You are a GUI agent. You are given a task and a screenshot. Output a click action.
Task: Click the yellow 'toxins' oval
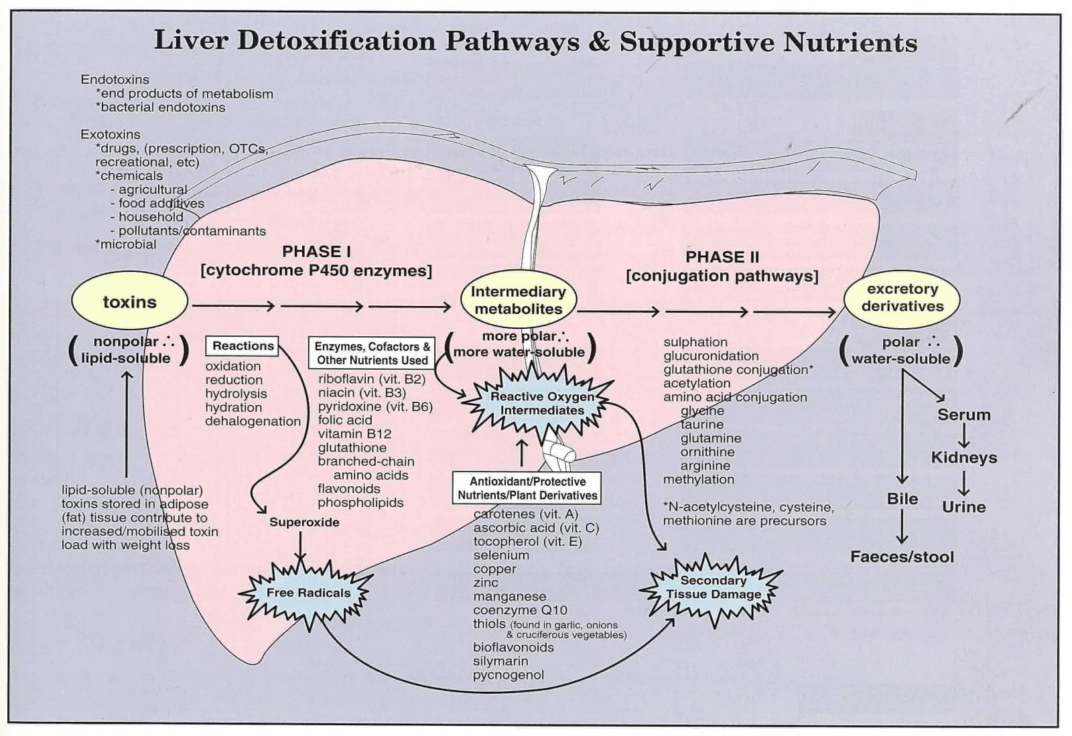(129, 302)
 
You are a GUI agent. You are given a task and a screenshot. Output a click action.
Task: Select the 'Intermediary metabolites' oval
(518, 300)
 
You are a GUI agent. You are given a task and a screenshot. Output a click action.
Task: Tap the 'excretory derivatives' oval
(902, 298)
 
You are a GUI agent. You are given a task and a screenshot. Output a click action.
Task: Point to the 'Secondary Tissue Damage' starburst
(713, 587)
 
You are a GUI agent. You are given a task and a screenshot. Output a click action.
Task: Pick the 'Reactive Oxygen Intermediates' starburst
(542, 403)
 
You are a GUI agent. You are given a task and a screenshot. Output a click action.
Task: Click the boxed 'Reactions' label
(243, 346)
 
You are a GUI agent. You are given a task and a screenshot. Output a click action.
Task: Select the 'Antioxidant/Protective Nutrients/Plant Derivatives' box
(527, 488)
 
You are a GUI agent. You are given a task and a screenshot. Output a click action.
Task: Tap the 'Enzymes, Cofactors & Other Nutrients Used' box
(373, 353)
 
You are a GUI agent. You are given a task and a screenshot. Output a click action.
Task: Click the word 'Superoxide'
(304, 522)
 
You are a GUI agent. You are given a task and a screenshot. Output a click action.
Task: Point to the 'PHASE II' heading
(722, 257)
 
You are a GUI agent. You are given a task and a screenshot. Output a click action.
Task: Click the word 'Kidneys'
(963, 457)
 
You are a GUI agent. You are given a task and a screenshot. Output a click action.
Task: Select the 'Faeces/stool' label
(902, 557)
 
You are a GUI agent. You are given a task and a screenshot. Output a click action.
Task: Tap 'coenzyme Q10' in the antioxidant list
(520, 610)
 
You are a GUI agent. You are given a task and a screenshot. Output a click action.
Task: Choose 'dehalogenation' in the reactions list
(253, 421)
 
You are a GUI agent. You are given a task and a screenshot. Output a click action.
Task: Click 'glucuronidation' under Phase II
(711, 356)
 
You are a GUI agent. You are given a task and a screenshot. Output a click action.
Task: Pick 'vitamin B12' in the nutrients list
(354, 434)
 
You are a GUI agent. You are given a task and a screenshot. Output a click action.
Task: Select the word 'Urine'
(963, 507)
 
